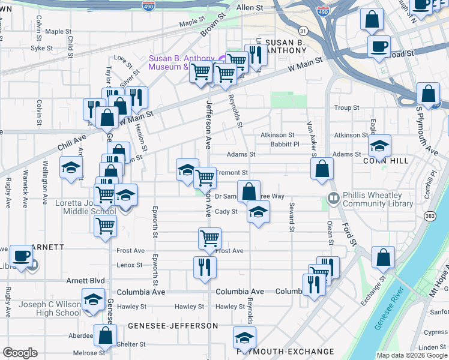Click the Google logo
tap(20, 353)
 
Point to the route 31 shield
tap(303, 31)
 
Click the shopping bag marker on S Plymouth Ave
tap(429, 95)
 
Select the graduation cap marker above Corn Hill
tap(379, 146)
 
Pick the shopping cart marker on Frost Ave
tap(210, 238)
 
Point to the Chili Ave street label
tap(73, 144)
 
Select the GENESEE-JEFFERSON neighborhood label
tap(173, 325)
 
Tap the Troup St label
tap(346, 108)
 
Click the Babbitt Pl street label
tap(285, 144)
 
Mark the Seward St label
tap(292, 217)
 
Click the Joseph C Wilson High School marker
tap(93, 299)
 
